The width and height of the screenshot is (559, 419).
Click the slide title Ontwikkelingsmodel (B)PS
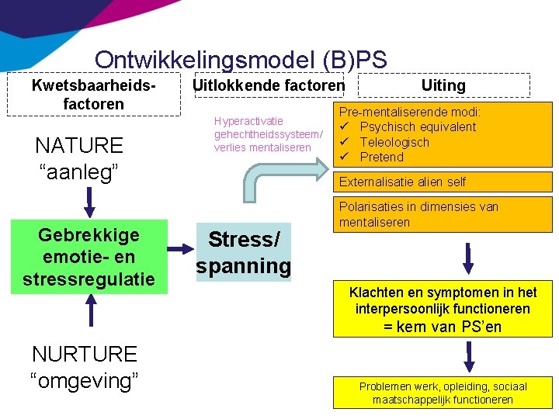point(241,60)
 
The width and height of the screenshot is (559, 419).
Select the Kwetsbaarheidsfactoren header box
point(89,94)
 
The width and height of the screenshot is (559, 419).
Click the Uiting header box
point(443,85)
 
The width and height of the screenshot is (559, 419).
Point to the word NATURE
point(79,145)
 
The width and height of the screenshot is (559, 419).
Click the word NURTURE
point(84,355)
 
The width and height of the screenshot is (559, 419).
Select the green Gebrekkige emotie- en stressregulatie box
point(89,257)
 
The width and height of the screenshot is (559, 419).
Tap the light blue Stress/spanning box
point(244,252)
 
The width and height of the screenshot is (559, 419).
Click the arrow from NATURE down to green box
point(89,203)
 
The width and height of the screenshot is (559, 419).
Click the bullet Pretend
point(382,157)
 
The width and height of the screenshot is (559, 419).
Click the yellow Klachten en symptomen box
point(443,310)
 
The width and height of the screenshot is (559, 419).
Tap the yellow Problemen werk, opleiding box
point(443,393)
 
